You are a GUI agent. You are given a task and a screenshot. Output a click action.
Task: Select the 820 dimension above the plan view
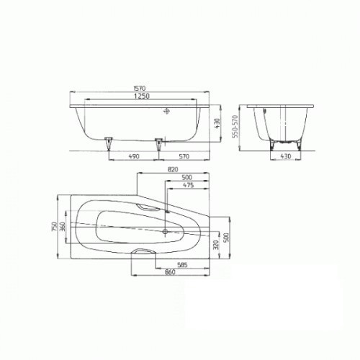coord(173,171)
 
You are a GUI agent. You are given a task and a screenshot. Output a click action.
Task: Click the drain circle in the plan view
coord(166,233)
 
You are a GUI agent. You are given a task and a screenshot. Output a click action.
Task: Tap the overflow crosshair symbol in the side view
coord(166,112)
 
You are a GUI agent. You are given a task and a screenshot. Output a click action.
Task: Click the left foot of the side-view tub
coord(109,140)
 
